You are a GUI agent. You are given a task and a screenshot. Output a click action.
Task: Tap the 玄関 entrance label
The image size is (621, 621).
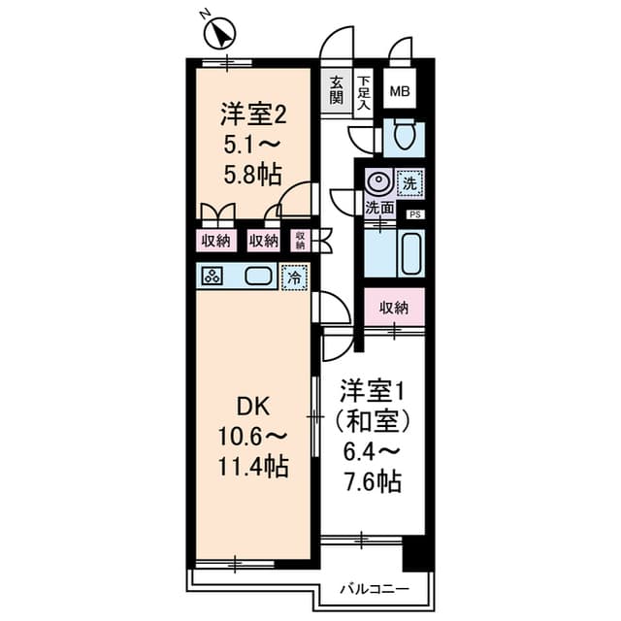pyautogui.click(x=336, y=89)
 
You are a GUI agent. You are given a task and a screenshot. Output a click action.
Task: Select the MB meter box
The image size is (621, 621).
pyautogui.click(x=399, y=92)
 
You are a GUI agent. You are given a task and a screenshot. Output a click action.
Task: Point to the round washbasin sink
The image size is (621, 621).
pyautogui.click(x=378, y=181)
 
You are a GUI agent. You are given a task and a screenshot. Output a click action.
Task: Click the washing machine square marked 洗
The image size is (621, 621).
pyautogui.click(x=410, y=181)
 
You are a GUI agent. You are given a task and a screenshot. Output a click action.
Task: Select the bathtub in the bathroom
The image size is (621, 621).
pyautogui.click(x=410, y=254)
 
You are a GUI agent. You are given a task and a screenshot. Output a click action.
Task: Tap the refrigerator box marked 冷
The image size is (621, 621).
pyautogui.click(x=293, y=277)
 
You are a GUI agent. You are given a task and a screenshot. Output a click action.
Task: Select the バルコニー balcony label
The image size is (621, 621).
pyautogui.click(x=374, y=588)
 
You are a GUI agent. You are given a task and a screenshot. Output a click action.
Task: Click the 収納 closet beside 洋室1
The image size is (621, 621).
pyautogui.click(x=394, y=308)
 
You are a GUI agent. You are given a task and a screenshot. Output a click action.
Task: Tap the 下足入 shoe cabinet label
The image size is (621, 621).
pyautogui.click(x=363, y=90)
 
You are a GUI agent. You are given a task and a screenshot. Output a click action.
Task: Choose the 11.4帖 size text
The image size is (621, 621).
pyautogui.click(x=252, y=468)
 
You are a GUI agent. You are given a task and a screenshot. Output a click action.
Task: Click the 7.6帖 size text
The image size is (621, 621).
pyautogui.click(x=372, y=479)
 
